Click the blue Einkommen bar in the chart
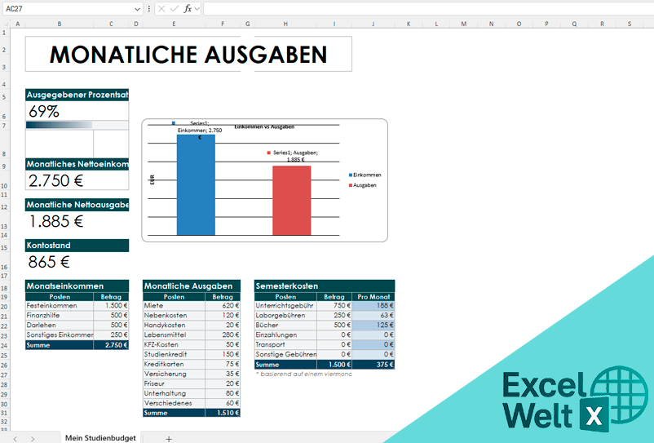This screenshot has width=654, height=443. (196, 185)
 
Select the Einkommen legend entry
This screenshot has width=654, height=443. (366, 175)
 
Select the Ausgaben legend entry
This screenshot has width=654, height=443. (365, 186)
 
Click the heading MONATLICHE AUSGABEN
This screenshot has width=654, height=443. (188, 55)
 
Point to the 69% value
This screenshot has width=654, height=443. (44, 112)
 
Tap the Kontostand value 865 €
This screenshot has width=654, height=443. (49, 262)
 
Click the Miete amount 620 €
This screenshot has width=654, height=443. (225, 306)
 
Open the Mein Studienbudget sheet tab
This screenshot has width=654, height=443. (100, 438)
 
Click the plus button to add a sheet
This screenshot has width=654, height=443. (169, 438)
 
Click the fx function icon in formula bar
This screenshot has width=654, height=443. (188, 8)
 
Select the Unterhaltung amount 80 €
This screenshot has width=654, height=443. (225, 393)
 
